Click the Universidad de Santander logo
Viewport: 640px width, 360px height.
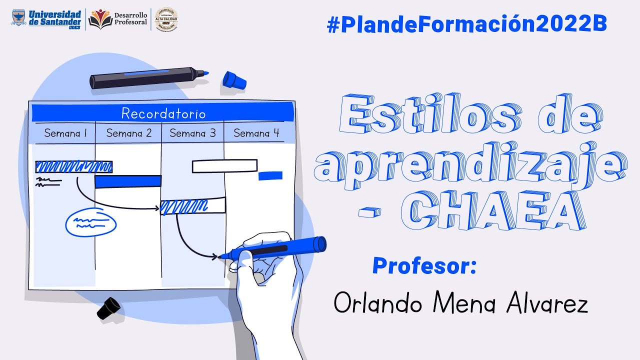click(46, 19)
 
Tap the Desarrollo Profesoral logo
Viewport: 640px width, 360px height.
click(118, 19)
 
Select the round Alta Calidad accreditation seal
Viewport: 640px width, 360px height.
click(166, 19)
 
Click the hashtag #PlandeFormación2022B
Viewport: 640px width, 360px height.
click(467, 24)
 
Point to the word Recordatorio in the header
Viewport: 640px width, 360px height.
click(163, 113)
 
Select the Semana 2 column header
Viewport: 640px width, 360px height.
click(129, 133)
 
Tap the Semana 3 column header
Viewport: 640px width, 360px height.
click(192, 133)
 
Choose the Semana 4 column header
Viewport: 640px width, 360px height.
click(256, 133)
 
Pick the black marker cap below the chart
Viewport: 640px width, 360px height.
click(108, 307)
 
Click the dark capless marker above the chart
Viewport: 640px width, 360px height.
click(147, 78)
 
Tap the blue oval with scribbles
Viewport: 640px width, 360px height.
click(91, 222)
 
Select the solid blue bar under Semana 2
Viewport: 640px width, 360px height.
click(128, 181)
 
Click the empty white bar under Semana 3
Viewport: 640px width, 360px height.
click(224, 166)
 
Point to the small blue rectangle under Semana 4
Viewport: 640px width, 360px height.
click(270, 175)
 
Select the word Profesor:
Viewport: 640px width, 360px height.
click(424, 265)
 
